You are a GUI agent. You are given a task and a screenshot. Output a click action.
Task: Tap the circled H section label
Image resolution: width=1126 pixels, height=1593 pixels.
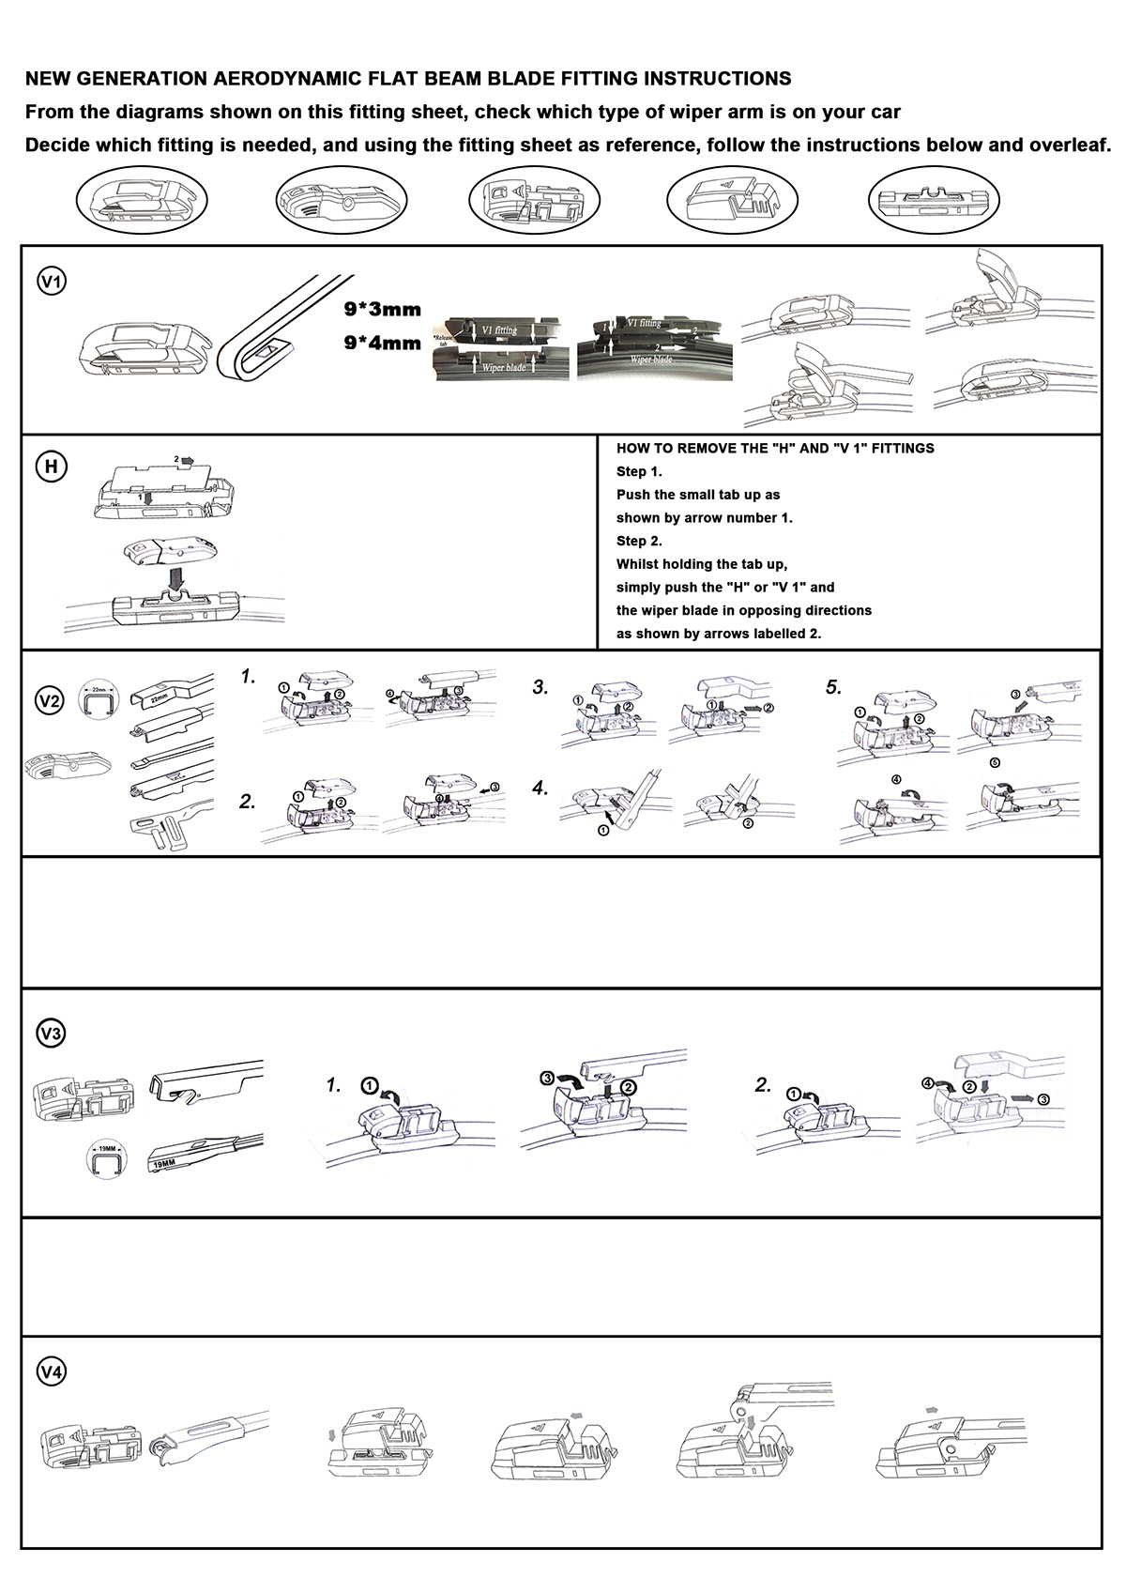coord(52,467)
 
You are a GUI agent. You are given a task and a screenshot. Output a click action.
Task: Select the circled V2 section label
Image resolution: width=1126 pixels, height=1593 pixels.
coord(50,700)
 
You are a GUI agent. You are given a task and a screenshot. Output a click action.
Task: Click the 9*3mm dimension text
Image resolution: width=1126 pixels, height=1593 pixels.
coord(383,310)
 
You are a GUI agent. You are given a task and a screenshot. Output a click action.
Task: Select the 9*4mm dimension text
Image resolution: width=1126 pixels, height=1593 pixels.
coord(383,343)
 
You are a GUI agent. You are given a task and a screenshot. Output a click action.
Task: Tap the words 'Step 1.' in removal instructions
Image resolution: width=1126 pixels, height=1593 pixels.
coord(639,471)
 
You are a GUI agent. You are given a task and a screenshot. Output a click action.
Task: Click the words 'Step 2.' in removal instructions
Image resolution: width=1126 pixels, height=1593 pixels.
coord(639,541)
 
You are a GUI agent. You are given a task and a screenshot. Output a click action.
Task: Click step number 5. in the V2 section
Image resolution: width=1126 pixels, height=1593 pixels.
coord(834,687)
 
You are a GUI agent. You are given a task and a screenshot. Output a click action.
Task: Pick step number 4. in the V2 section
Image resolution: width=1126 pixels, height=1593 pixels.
coord(540,789)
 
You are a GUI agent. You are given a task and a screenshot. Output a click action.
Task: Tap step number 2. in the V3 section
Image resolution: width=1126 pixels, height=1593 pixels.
coord(764,1085)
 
